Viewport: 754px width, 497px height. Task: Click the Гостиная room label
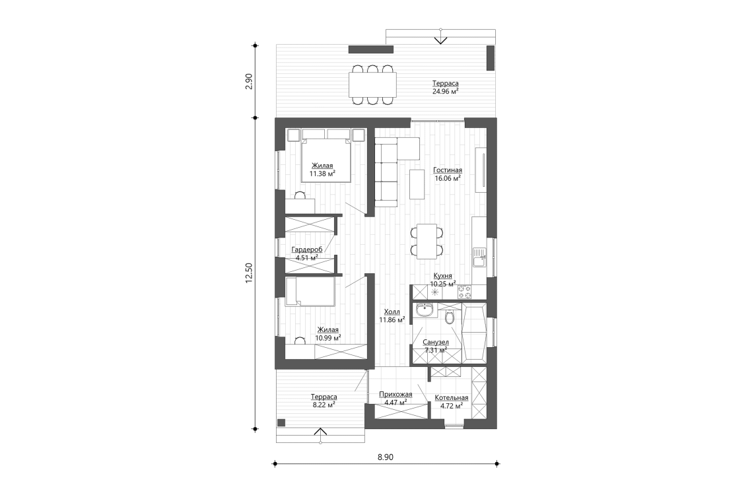(x=447, y=169)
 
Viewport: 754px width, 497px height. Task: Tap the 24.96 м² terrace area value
(x=446, y=92)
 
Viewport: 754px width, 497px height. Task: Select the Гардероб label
(x=306, y=249)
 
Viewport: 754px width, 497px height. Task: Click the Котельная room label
(x=451, y=397)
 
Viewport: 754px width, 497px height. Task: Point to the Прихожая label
(x=395, y=394)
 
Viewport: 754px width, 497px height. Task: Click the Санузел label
(x=436, y=343)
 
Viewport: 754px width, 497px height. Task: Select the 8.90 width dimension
(x=385, y=456)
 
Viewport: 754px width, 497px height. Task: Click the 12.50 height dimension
(x=249, y=273)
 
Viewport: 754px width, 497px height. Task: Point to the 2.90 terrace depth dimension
(x=249, y=81)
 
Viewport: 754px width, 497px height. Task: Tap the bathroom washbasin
(x=425, y=310)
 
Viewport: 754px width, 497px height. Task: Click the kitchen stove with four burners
(x=464, y=290)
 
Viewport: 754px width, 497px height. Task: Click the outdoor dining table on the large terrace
(x=372, y=84)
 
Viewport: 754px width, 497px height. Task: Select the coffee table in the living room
(x=417, y=184)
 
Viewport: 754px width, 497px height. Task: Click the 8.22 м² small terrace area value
(x=324, y=405)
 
